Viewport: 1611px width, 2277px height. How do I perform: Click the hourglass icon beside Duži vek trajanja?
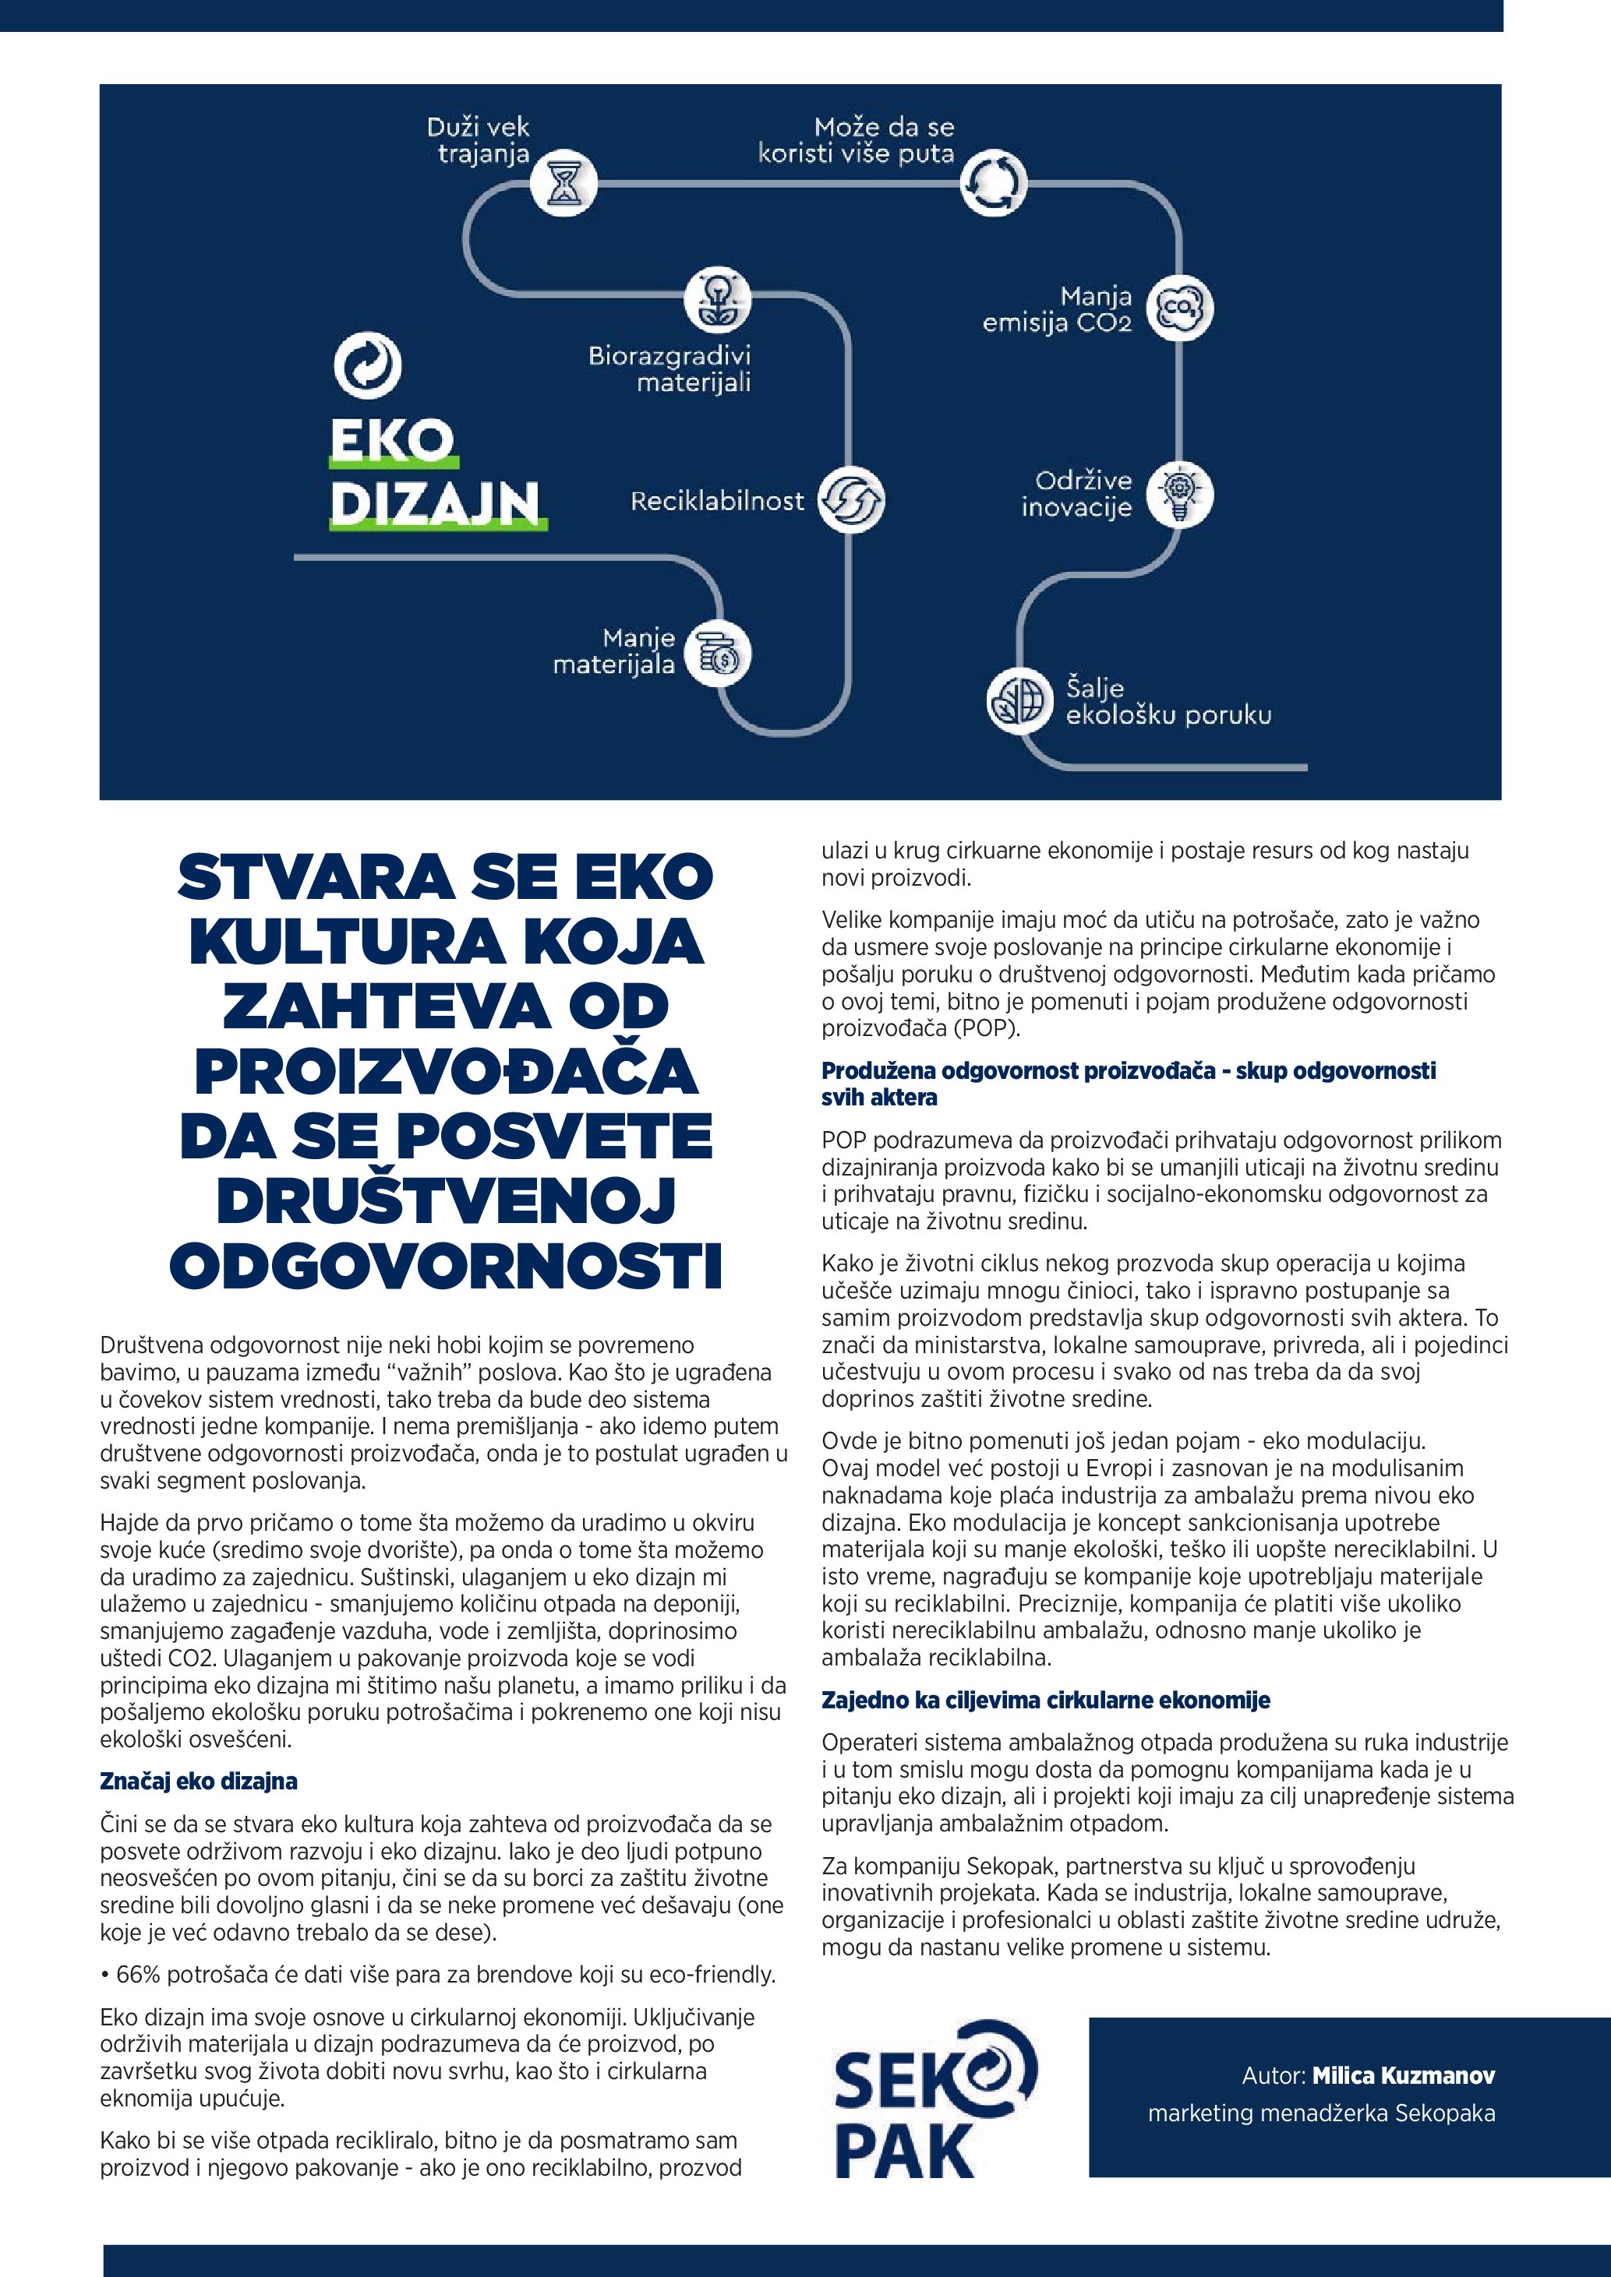[563, 184]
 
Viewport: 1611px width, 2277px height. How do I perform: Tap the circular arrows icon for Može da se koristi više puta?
[993, 184]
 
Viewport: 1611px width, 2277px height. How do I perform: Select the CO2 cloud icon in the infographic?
[1179, 308]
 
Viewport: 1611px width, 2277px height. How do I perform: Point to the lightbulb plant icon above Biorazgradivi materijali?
[717, 299]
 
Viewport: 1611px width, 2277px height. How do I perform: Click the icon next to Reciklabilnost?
[850, 500]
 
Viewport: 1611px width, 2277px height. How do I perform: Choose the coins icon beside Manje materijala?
[718, 654]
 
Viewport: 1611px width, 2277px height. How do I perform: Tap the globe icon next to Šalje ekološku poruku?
[1019, 700]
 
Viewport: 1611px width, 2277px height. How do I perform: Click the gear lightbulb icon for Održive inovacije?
[1179, 494]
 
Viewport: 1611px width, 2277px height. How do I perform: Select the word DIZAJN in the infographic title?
[436, 504]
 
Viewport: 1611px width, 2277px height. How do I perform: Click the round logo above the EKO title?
[367, 365]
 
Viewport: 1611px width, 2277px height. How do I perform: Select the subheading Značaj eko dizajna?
[199, 1781]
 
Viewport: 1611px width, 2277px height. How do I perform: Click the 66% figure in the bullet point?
[139, 1975]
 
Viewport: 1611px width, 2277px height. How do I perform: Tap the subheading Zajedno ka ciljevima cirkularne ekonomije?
[1046, 1700]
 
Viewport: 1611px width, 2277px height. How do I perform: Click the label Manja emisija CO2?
[1057, 309]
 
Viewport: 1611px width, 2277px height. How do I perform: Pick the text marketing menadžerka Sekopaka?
[1321, 2113]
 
